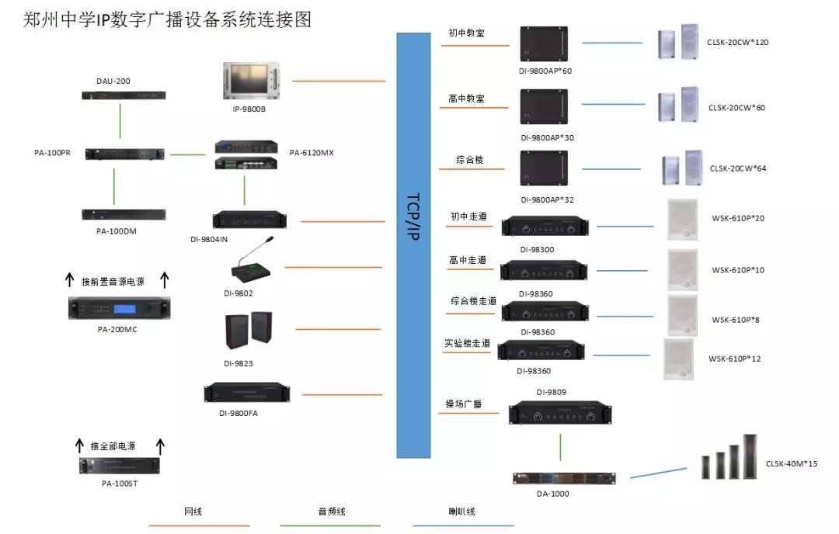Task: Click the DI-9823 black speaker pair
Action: coord(249,331)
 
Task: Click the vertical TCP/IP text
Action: coord(413,217)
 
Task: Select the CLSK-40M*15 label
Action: coord(791,463)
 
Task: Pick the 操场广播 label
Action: coord(464,404)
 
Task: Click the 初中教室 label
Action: coord(467,33)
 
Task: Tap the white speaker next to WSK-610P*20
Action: coord(683,220)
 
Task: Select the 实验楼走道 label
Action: coord(468,342)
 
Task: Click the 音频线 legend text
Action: coord(331,512)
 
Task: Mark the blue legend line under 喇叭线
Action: coord(463,525)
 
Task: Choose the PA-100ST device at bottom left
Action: coord(119,466)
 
